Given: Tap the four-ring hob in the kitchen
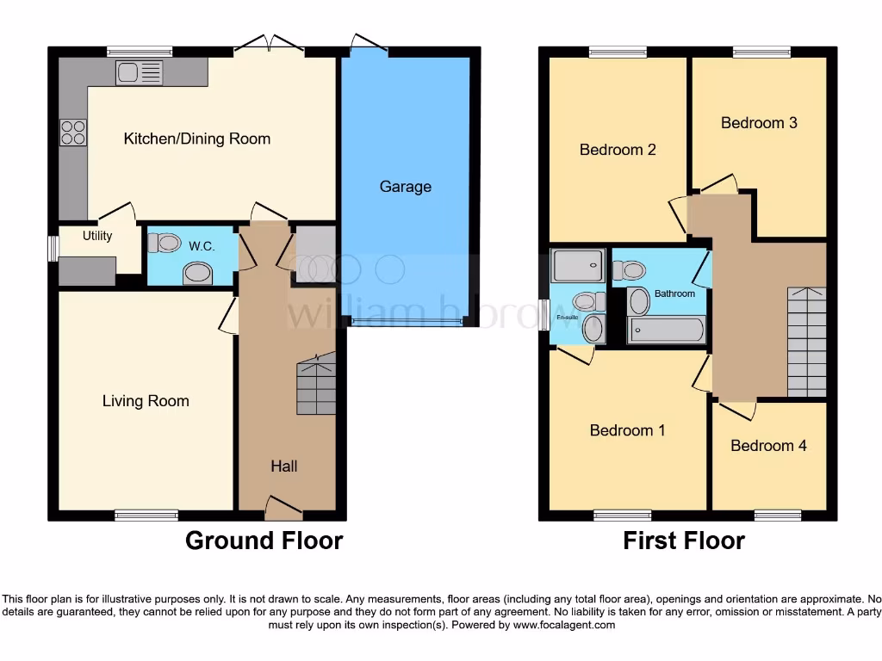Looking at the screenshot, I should pos(72,132).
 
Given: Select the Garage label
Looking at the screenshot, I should pos(406,187).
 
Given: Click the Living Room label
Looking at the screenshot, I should pos(146,401).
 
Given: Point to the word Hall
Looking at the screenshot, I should pos(284,466).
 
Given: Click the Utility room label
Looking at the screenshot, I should pos(97,236).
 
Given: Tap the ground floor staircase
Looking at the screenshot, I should pos(316,388).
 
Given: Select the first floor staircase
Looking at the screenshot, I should pos(806,342).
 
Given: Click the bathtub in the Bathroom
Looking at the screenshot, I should pos(666,330).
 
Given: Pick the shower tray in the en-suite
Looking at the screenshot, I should pos(579,266).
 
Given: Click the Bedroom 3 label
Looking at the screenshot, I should pos(759,123).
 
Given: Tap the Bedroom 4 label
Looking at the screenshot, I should pos(768,446).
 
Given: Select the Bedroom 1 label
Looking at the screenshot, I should pos(627,430).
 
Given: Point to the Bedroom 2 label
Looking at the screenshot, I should pos(618,150).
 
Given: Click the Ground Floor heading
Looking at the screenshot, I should pos(264,541).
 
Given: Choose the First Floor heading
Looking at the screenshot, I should pos(684,541).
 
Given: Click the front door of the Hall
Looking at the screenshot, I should pos(284,510).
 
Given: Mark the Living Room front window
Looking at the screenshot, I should pos(146,515).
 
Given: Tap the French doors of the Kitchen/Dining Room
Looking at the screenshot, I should pos(270,45).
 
